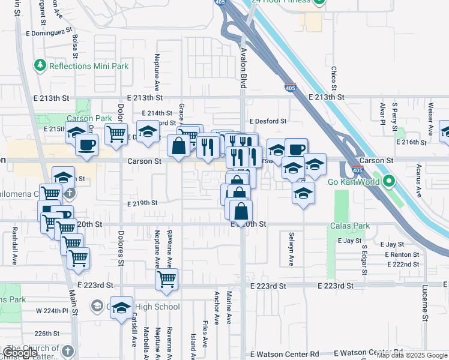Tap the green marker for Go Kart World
click(389, 181)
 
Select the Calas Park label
click(350, 226)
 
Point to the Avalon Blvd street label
click(243, 68)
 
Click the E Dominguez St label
click(49, 29)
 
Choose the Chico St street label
click(334, 79)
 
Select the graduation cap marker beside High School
click(122, 307)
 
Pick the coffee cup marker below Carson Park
click(86, 144)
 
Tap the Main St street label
click(73, 303)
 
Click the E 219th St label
click(143, 203)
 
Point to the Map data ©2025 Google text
click(412, 355)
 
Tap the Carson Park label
click(89, 118)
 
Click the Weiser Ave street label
click(430, 118)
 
